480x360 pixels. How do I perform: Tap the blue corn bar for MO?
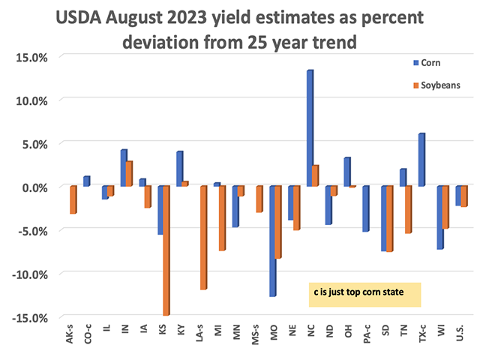click(273, 241)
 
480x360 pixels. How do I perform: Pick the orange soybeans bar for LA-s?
click(202, 237)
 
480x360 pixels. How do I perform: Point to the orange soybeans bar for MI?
click(221, 217)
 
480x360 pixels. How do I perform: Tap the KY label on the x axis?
click(180, 331)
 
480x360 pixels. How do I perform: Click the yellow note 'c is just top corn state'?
click(364, 294)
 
